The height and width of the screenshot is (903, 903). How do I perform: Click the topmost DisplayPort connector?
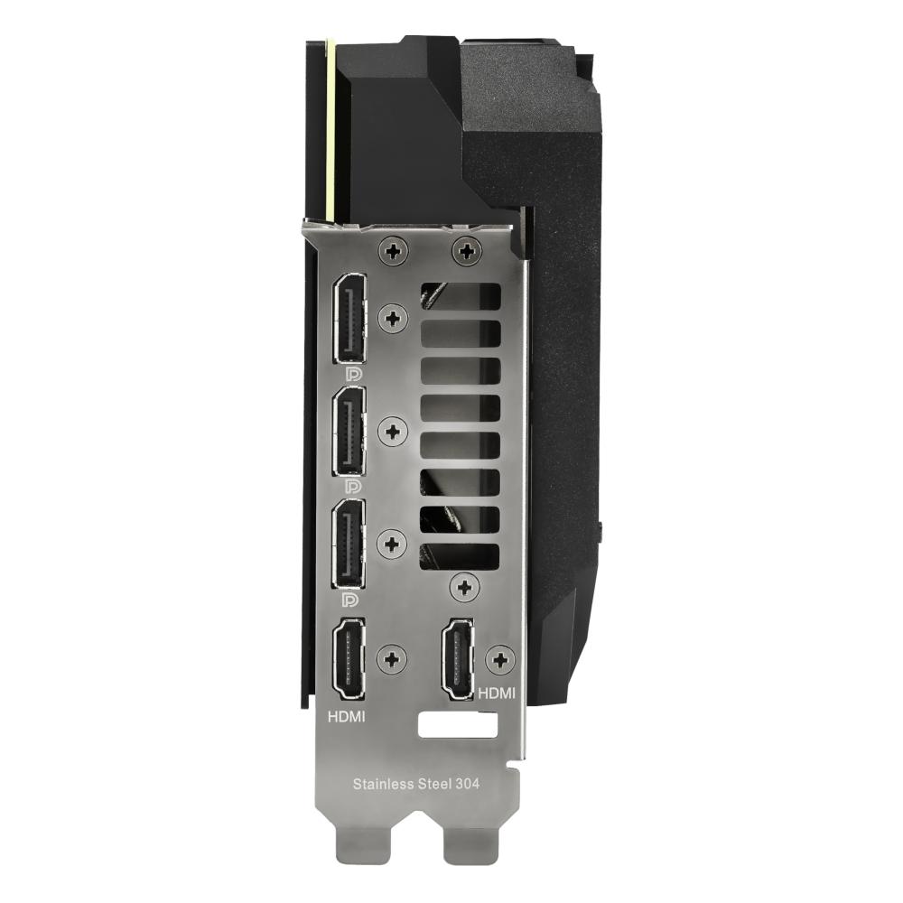[349, 319]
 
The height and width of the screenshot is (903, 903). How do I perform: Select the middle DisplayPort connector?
[349, 432]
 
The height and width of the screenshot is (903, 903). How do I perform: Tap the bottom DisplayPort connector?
[349, 545]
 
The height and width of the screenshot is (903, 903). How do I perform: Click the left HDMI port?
[349, 659]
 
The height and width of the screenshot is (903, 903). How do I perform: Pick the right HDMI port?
[458, 659]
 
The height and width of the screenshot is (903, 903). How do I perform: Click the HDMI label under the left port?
[346, 717]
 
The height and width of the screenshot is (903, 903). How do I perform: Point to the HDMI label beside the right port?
[497, 694]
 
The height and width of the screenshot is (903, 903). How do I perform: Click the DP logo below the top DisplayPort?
[353, 375]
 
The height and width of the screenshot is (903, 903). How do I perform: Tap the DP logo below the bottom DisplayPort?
[350, 600]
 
